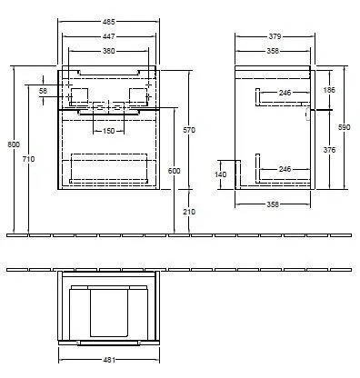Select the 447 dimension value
(108, 37)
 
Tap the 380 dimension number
(108, 52)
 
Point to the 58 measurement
(42, 92)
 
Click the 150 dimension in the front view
(108, 132)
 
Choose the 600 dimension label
(175, 172)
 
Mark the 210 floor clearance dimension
(189, 213)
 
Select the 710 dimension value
(29, 160)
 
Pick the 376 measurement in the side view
(329, 150)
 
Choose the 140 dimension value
(219, 173)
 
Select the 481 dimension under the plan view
(108, 361)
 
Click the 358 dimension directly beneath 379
(273, 52)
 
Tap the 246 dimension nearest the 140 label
(284, 169)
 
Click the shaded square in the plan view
(108, 310)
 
